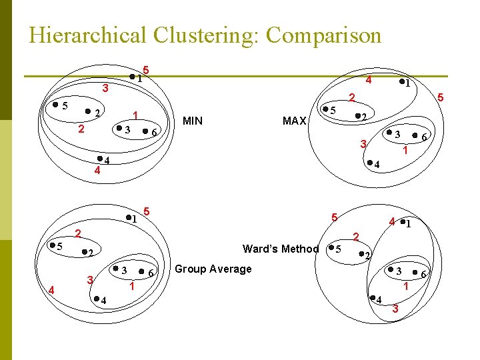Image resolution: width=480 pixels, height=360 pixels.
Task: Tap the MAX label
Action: (294, 121)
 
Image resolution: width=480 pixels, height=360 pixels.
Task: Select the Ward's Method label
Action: (281, 249)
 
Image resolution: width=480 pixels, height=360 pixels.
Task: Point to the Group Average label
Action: (213, 269)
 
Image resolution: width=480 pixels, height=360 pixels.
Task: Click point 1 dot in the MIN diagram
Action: (132, 77)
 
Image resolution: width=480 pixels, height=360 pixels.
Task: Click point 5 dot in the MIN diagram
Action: (55, 105)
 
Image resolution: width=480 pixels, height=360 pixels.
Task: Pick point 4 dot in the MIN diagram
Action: (99, 159)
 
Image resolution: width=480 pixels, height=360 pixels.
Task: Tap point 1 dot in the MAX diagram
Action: (401, 83)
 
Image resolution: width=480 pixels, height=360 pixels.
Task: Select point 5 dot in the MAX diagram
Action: (325, 109)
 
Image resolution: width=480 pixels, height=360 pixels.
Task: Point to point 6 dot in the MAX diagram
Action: (414, 136)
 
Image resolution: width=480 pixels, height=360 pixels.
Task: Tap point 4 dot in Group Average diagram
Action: (95, 298)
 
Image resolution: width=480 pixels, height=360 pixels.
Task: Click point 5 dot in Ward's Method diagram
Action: (331, 249)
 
